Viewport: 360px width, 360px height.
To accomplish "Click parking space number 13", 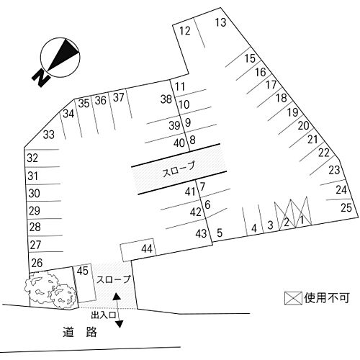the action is pyautogui.click(x=220, y=22).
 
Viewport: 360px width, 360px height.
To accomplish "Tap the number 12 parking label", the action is pyautogui.click(x=185, y=31).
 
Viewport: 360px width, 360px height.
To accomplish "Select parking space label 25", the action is pyautogui.click(x=346, y=207).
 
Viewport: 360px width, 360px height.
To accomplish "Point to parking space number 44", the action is pyautogui.click(x=147, y=249).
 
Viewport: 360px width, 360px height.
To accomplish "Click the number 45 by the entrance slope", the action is pyautogui.click(x=83, y=271).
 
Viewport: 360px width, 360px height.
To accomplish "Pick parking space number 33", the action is pyautogui.click(x=49, y=135).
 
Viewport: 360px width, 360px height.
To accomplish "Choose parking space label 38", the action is pyautogui.click(x=166, y=99).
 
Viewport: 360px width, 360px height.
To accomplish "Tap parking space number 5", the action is pyautogui.click(x=220, y=233).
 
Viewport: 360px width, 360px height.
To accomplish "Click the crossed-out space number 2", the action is pyautogui.click(x=287, y=222).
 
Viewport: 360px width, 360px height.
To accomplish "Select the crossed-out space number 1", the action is pyautogui.click(x=302, y=220).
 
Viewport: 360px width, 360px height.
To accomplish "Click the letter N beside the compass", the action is pyautogui.click(x=41, y=78).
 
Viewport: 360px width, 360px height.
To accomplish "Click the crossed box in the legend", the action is pyautogui.click(x=293, y=298).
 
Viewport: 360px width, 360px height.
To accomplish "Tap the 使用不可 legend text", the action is pyautogui.click(x=326, y=298).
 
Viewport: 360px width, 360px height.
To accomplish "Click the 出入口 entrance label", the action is pyautogui.click(x=104, y=315).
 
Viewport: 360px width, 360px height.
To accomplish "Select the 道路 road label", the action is pyautogui.click(x=80, y=332).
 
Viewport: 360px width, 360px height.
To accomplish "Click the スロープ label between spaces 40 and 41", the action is pyautogui.click(x=179, y=169).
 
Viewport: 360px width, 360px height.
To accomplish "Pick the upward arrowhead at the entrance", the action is pyautogui.click(x=117, y=296).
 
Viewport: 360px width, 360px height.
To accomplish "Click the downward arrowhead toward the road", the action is pyautogui.click(x=119, y=324).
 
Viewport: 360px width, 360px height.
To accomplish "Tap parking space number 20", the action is pyautogui.click(x=303, y=125).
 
